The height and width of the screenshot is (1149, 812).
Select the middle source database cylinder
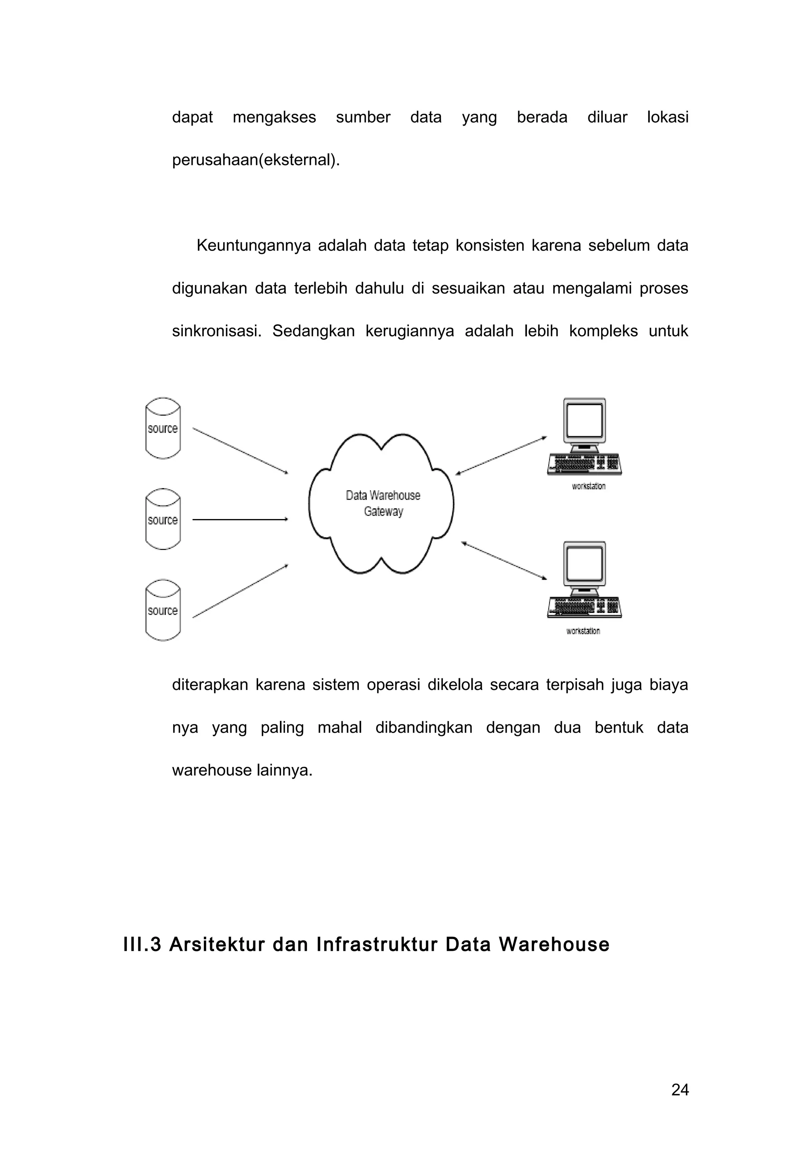click(163, 519)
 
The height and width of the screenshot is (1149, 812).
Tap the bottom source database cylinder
click(163, 611)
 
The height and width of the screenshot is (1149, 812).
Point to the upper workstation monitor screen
click(584, 420)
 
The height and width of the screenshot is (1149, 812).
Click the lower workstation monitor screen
click(584, 564)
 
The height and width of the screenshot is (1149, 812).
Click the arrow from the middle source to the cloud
click(240, 519)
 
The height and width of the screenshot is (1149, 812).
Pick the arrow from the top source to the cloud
click(240, 450)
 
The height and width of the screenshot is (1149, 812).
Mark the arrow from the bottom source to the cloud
click(240, 591)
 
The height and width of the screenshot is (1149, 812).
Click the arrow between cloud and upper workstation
click(501, 456)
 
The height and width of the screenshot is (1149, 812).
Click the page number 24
click(680, 1090)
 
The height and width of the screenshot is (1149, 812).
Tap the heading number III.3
click(142, 945)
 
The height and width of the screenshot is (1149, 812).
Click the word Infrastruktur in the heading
click(377, 945)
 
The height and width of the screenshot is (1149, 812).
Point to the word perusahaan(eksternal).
click(256, 160)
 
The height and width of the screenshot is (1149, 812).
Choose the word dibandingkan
click(424, 727)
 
